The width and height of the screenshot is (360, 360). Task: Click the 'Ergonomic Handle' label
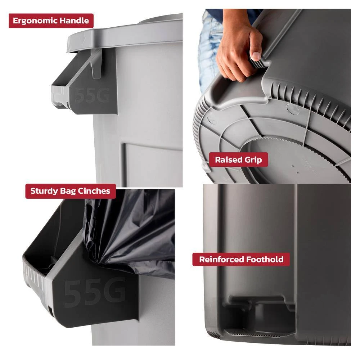coord(51,21)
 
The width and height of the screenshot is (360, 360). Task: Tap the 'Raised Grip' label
coord(238,159)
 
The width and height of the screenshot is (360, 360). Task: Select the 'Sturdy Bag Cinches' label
coord(70,191)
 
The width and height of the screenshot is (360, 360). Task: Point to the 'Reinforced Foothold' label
coord(241,260)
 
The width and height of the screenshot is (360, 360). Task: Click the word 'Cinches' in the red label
coord(94,191)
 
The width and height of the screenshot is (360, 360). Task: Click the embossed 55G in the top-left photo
coord(92,95)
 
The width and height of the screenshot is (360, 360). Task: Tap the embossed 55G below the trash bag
coord(95,292)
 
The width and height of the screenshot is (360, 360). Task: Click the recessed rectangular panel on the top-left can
coord(153,164)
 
